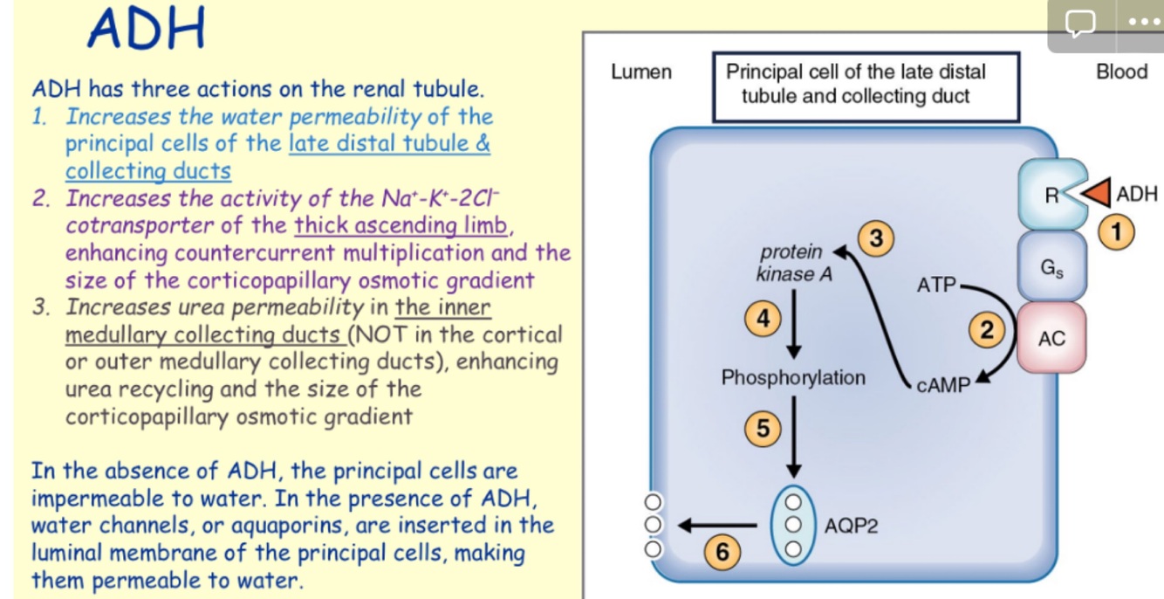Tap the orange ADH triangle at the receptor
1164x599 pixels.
tap(1097, 194)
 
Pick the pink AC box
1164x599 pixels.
tap(1051, 339)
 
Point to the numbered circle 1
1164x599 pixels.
tap(1119, 231)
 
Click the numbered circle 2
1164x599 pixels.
tap(988, 330)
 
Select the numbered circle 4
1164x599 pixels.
tap(762, 320)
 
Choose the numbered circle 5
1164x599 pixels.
tap(762, 429)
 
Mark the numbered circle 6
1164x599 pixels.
tap(721, 551)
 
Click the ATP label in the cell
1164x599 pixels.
tap(936, 284)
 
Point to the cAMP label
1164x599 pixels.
tap(943, 385)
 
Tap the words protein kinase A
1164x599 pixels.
tap(791, 264)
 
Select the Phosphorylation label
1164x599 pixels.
tap(793, 378)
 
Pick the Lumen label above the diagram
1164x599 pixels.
tap(641, 72)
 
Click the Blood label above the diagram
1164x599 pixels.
tap(1121, 72)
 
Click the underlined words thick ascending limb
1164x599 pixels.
tap(401, 226)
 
